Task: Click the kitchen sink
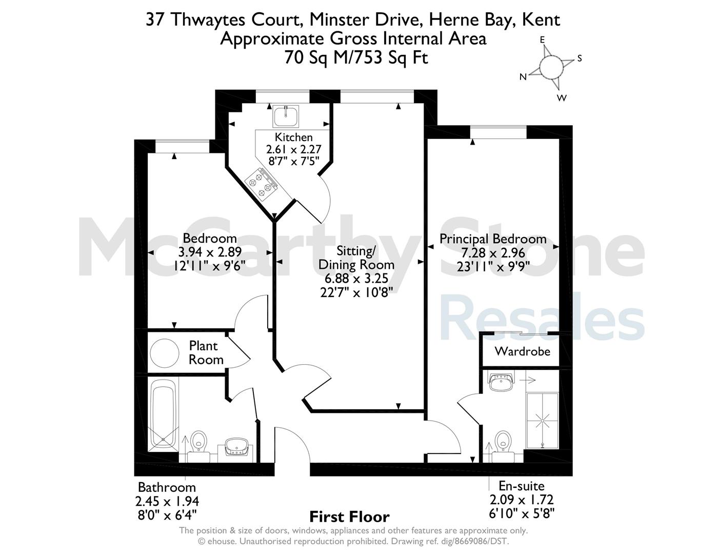point(285,116)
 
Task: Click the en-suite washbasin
point(500,383)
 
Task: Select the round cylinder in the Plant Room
point(164,353)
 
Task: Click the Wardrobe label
point(522,351)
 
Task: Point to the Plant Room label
point(206,353)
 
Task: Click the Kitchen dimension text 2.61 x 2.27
point(294,149)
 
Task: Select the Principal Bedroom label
point(493,239)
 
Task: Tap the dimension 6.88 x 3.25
point(356,278)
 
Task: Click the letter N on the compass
point(523,77)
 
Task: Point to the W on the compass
point(562,97)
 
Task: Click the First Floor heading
point(349,517)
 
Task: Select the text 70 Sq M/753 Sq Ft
point(356,57)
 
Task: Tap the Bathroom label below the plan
point(167,487)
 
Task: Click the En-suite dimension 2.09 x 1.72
point(521,500)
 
